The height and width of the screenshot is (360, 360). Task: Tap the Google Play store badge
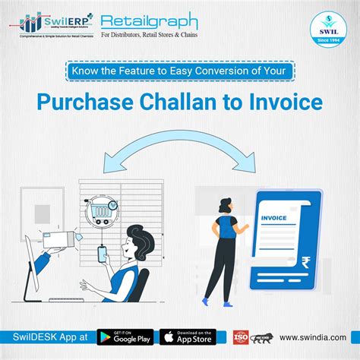point(126,336)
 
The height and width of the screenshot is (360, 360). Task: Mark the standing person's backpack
point(226,225)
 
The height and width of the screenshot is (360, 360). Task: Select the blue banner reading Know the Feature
point(180,73)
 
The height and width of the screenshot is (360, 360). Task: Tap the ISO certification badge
point(242,336)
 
